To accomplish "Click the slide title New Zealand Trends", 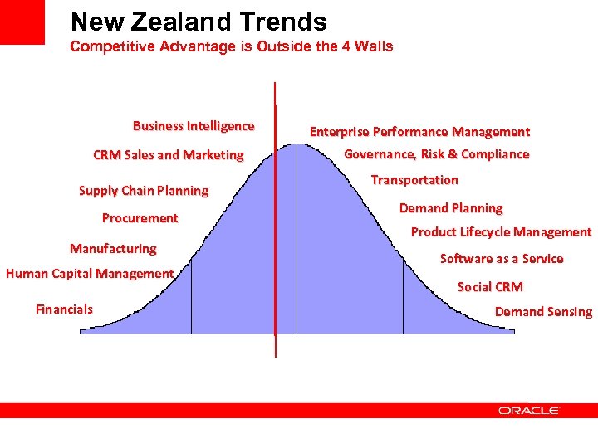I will pyautogui.click(x=199, y=22).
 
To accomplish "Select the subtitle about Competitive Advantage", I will pyautogui.click(x=232, y=46).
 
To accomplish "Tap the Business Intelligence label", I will pyautogui.click(x=194, y=126).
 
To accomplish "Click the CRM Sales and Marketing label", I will pyautogui.click(x=169, y=154).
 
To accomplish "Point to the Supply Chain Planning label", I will pyautogui.click(x=144, y=191).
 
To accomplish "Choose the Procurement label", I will pyautogui.click(x=140, y=218).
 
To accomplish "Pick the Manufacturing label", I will pyautogui.click(x=113, y=248).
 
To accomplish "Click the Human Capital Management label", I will pyautogui.click(x=90, y=274).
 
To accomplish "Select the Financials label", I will pyautogui.click(x=64, y=309).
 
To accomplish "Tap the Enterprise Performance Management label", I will pyautogui.click(x=419, y=132).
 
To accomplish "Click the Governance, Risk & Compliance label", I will pyautogui.click(x=436, y=154).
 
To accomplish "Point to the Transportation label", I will pyautogui.click(x=414, y=180).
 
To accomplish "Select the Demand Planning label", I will pyautogui.click(x=451, y=208).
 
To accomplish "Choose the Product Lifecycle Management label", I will pyautogui.click(x=501, y=232).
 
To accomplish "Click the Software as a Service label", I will pyautogui.click(x=502, y=259).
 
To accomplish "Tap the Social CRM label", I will pyautogui.click(x=490, y=287).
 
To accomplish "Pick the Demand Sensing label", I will pyautogui.click(x=543, y=312).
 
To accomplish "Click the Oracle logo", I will pyautogui.click(x=529, y=411).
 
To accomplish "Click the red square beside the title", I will pyautogui.click(x=22, y=22).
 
